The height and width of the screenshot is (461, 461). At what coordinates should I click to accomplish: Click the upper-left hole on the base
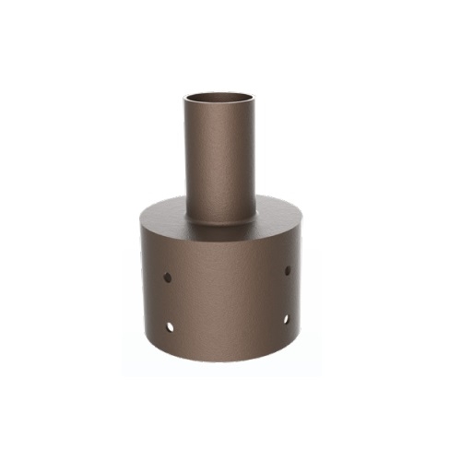[167, 276]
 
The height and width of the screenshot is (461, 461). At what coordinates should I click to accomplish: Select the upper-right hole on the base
[288, 270]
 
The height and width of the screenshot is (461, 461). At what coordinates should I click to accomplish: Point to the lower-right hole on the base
[286, 319]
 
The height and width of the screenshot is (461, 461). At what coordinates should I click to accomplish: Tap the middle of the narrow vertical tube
[219, 157]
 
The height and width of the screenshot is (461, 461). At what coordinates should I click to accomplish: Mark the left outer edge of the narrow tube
[186, 157]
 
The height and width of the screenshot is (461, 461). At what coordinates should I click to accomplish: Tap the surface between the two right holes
[287, 295]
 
